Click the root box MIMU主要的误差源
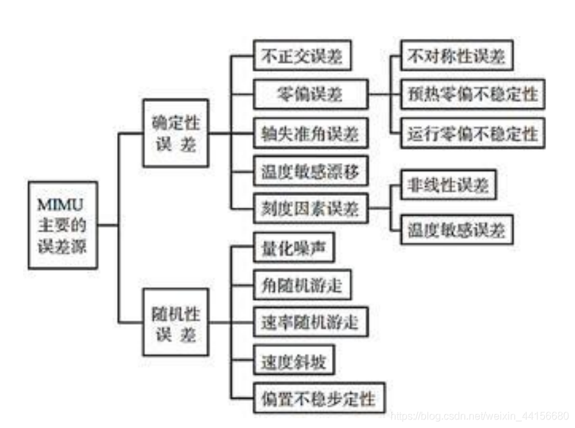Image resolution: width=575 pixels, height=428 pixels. coord(63,225)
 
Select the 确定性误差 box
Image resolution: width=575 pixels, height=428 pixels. coord(175,133)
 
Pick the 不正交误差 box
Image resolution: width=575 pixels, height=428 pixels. coord(302,56)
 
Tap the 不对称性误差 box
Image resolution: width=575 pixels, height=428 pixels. coord(457,56)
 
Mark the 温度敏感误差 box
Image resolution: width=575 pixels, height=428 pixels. coord(457,229)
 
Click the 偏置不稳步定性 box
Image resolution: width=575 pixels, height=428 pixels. coord(319,398)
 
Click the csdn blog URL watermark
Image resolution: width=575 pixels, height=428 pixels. coord(479,416)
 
